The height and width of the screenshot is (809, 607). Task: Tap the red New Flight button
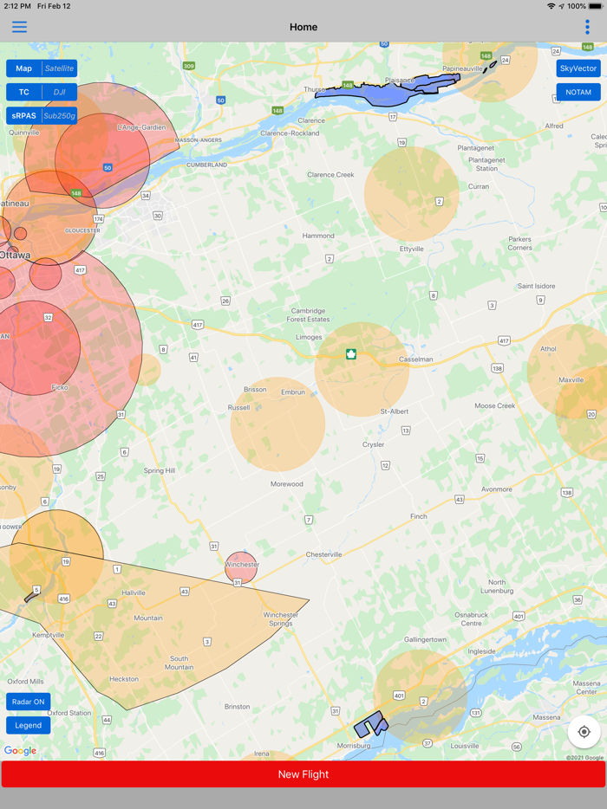[x=303, y=774]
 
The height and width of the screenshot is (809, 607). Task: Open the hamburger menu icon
[x=19, y=27]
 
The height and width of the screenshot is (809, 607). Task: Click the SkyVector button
[x=578, y=68]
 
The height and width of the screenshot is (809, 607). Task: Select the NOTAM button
[x=578, y=92]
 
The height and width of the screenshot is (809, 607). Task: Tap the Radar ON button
[x=28, y=702]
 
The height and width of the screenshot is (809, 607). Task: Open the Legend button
[x=28, y=725]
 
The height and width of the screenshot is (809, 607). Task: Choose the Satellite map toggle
[x=60, y=68]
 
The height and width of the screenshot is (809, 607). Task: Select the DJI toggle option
[x=60, y=92]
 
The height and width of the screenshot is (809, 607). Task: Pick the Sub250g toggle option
[x=60, y=115]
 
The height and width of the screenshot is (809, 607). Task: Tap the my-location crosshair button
[x=584, y=732]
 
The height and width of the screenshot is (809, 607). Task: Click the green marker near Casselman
[x=351, y=353]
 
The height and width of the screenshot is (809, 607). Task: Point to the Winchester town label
[x=242, y=565]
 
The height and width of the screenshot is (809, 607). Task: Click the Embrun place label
[x=293, y=392]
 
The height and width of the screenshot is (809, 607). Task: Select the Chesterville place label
[x=324, y=554]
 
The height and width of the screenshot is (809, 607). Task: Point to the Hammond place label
[x=318, y=236]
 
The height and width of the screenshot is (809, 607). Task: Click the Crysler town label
[x=373, y=444]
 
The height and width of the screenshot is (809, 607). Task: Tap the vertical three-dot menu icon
[x=587, y=27]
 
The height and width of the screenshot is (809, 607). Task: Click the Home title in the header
[x=303, y=27]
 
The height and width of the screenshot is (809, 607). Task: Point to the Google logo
[x=20, y=750]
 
